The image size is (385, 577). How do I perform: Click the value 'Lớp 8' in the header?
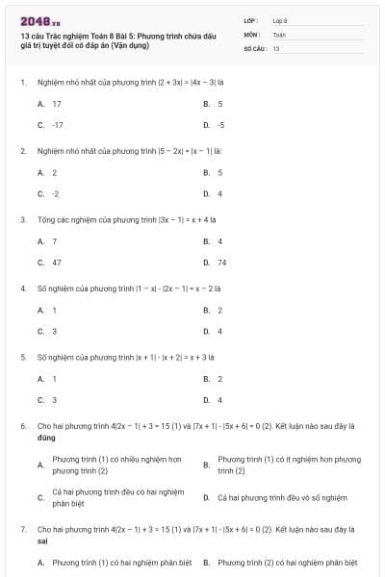click(x=280, y=20)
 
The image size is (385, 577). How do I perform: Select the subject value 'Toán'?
click(x=279, y=34)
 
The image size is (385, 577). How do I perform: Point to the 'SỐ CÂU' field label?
click(x=254, y=47)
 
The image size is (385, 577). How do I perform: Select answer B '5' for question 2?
click(x=220, y=172)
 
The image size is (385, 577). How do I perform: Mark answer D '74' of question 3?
click(x=222, y=262)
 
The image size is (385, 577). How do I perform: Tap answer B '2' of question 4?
click(x=220, y=310)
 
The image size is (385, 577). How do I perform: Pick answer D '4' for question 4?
click(x=220, y=331)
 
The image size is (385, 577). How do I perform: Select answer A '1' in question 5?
click(x=54, y=378)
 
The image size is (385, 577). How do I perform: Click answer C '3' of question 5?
click(x=54, y=399)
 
